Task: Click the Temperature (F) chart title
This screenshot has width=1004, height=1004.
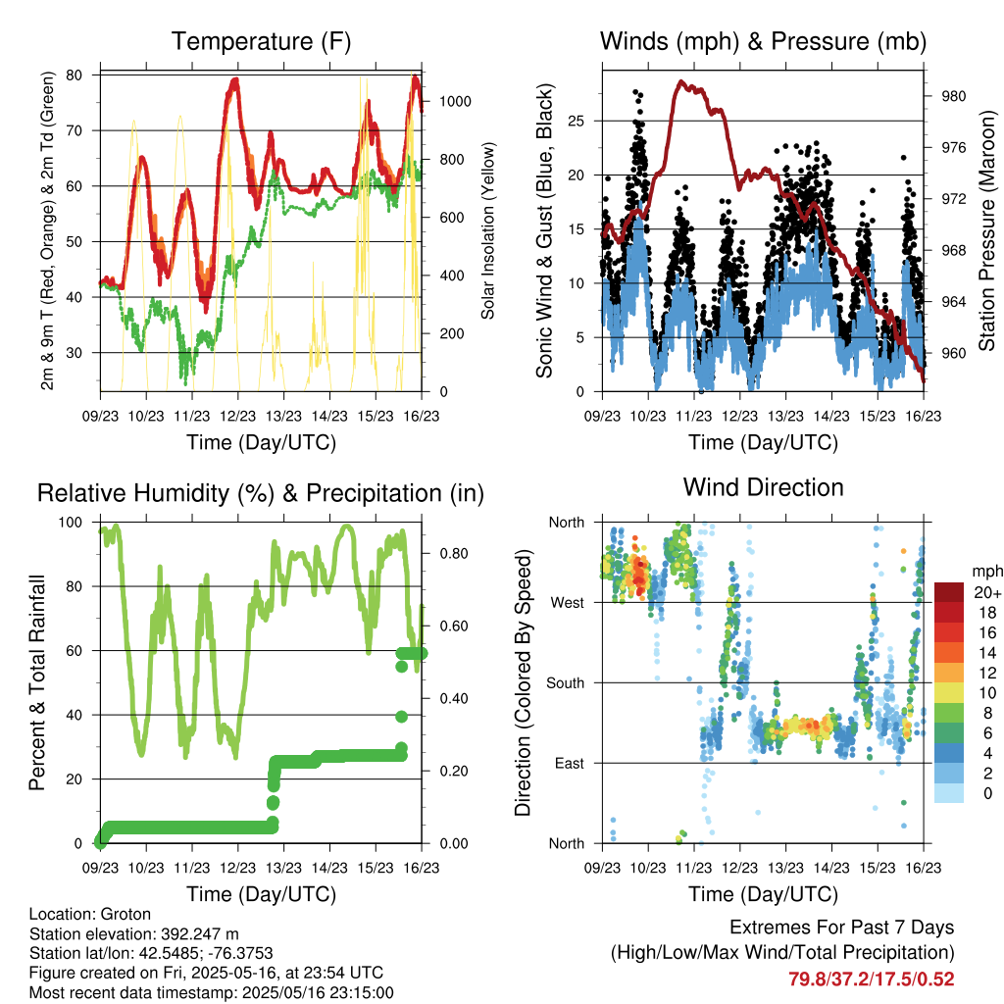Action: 261,41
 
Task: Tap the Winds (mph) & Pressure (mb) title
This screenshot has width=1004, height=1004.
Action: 763,41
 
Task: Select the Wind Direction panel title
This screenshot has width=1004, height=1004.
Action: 763,487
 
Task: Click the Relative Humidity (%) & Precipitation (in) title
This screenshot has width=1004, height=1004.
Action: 261,494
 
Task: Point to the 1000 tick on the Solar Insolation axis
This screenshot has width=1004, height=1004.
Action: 455,102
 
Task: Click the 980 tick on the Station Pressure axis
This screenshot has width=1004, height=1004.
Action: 953,96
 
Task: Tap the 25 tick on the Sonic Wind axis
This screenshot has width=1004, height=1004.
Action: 576,121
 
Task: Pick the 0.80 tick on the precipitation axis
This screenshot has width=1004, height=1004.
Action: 453,553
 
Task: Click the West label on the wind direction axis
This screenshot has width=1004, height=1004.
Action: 568,603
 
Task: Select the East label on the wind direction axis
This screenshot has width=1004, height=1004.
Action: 570,763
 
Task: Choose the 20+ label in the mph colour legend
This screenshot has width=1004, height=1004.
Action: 986,592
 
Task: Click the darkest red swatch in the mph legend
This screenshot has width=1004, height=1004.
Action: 949,592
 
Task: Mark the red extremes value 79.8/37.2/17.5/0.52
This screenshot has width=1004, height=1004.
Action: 871,979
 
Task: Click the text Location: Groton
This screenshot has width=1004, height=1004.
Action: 89,915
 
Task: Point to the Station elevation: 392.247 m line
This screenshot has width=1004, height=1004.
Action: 133,934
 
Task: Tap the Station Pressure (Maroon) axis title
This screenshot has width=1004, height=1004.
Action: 986,230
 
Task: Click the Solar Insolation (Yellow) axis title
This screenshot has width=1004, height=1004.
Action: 488,230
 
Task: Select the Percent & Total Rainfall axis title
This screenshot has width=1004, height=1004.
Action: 37,682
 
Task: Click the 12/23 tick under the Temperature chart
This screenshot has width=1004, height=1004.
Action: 237,416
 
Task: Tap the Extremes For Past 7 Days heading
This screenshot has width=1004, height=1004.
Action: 841,928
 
